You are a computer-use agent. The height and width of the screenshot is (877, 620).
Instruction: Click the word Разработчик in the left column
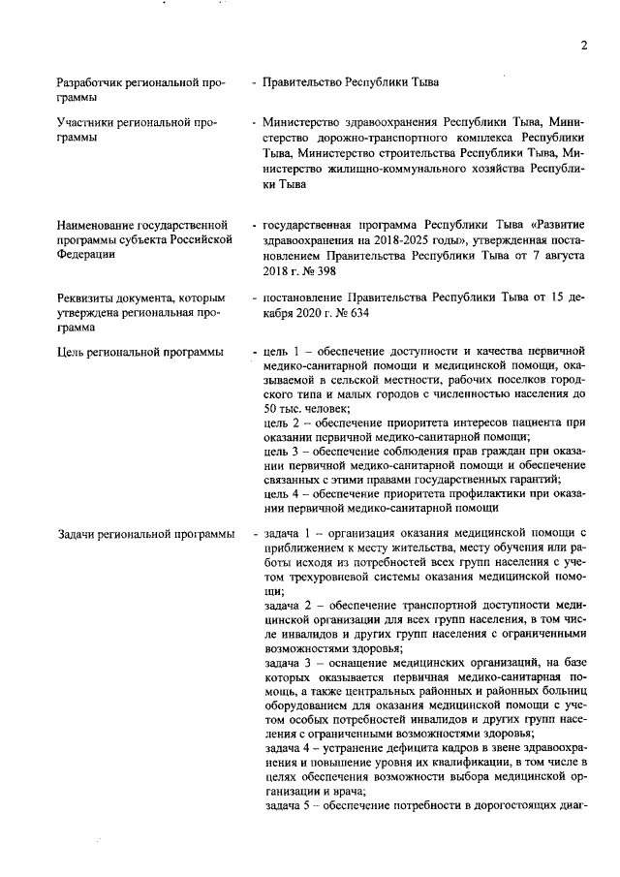pyautogui.click(x=93, y=82)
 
